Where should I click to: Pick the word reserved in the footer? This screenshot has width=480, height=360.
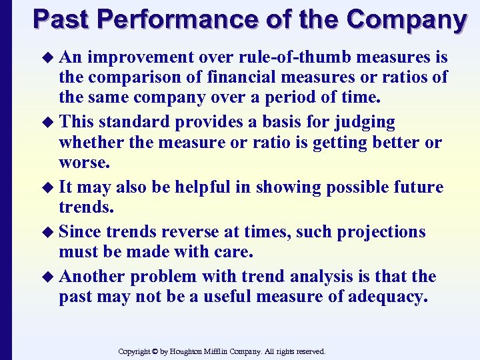(309, 351)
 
